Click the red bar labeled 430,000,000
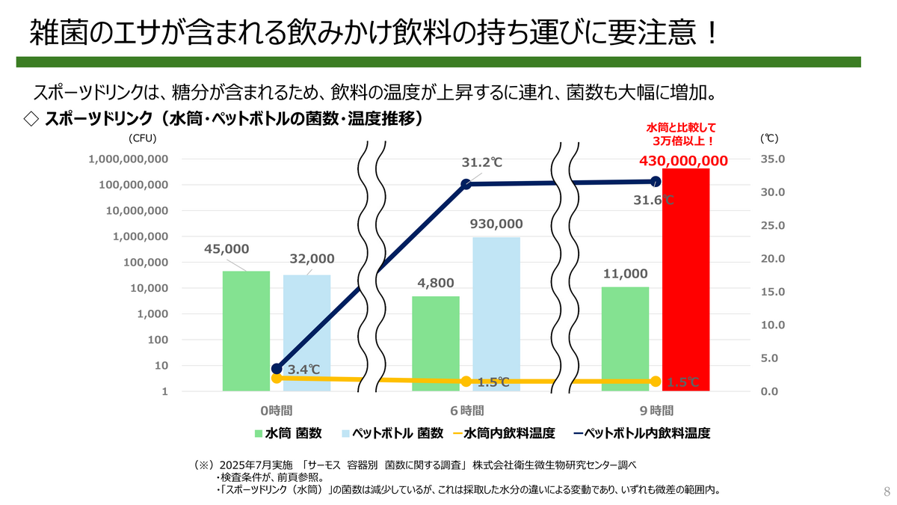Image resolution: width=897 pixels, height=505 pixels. point(685,279)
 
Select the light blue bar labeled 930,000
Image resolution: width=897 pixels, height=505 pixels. point(496,313)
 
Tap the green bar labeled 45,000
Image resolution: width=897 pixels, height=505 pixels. point(246,330)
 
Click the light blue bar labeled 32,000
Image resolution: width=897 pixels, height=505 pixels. point(306,332)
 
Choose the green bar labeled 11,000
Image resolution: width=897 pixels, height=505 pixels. point(626,338)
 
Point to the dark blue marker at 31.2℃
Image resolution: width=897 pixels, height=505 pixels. point(466,184)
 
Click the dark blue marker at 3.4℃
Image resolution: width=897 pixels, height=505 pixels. point(277,369)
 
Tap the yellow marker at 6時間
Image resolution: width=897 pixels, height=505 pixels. point(466,382)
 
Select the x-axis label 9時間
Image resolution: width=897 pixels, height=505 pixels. point(656,410)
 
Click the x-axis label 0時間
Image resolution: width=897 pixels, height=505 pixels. point(276,410)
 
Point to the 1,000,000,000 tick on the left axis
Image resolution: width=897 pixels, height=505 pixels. point(128,159)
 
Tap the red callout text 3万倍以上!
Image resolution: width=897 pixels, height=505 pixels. point(681,140)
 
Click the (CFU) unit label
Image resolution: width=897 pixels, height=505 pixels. point(141,138)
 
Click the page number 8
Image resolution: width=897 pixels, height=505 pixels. point(887,492)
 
